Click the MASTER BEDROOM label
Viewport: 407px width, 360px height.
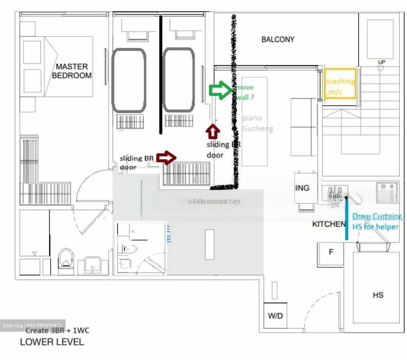click(72, 71)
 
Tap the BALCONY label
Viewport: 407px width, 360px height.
click(278, 39)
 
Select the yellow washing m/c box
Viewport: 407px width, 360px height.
click(340, 84)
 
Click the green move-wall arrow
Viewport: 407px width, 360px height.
click(220, 90)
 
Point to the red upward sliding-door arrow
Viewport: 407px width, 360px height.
click(213, 132)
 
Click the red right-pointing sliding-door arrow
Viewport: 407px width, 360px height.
click(166, 158)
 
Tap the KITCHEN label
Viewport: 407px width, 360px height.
click(328, 224)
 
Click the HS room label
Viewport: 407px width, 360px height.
click(378, 295)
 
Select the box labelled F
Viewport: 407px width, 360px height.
click(331, 254)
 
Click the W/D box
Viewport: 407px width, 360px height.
click(275, 316)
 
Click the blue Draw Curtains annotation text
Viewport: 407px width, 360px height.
click(376, 222)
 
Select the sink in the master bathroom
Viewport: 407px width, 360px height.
click(92, 265)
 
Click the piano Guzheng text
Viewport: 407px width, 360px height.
click(257, 123)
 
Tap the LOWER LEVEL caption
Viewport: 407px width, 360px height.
click(52, 342)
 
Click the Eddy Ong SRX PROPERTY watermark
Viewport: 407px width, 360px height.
click(33, 326)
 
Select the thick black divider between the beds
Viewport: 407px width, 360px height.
click(161, 75)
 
